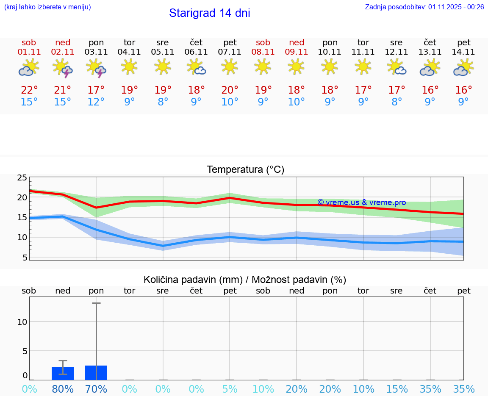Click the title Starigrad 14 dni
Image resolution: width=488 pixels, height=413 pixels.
point(209,13)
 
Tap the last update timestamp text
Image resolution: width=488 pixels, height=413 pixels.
point(424,7)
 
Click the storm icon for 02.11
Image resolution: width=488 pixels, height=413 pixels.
point(63,68)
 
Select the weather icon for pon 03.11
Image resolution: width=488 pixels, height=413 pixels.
point(96,68)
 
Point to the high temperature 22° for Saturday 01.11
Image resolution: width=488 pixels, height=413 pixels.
point(29,90)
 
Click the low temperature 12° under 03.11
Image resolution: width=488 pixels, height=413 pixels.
point(96,102)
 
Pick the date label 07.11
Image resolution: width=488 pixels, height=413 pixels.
point(230,52)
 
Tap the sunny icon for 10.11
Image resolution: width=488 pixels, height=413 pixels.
point(330,67)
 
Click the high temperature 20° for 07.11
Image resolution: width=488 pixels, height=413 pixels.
point(230,90)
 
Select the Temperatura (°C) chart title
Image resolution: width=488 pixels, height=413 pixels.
point(245,169)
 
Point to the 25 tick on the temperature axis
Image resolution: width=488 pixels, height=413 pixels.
point(22,177)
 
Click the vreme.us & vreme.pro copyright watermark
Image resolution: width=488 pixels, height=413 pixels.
point(361,202)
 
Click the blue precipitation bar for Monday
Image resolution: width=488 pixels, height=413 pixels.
point(96,373)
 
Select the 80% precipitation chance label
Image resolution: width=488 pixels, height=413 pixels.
point(63,389)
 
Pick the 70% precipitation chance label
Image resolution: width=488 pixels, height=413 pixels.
point(96,389)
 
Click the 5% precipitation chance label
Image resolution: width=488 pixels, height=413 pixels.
point(230,389)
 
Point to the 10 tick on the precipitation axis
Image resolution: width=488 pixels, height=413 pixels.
point(22,322)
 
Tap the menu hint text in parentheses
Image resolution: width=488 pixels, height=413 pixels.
point(47,7)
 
